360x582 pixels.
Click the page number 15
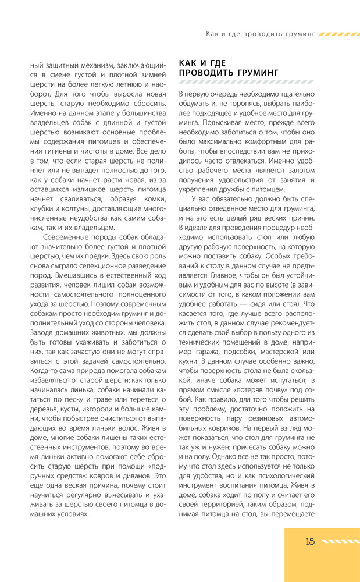pos(309,541)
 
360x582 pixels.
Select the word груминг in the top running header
pos(297,34)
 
